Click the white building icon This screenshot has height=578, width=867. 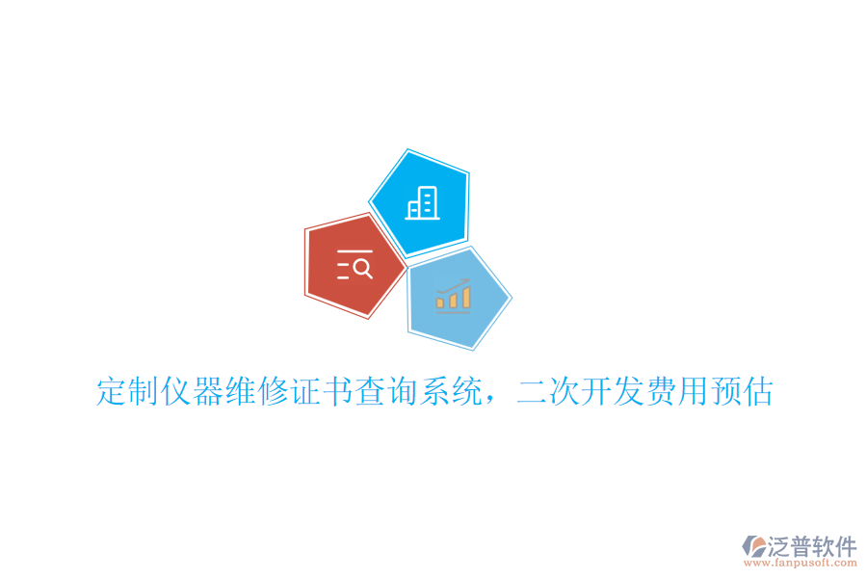(x=422, y=201)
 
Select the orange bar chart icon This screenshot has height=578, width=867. (x=453, y=297)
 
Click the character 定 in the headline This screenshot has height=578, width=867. (x=112, y=392)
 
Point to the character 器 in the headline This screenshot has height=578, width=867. (x=209, y=392)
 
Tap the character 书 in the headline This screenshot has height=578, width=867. (x=338, y=392)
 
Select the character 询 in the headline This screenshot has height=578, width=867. (x=403, y=392)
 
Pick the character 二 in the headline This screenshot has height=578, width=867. (x=532, y=392)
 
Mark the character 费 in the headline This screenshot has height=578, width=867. (x=661, y=392)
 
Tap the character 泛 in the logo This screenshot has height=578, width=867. (x=779, y=547)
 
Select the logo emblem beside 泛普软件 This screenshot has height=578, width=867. (x=753, y=548)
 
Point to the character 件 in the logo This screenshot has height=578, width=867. (x=845, y=547)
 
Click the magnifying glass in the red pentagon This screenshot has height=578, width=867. (x=363, y=269)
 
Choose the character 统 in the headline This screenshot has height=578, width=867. (x=467, y=392)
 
